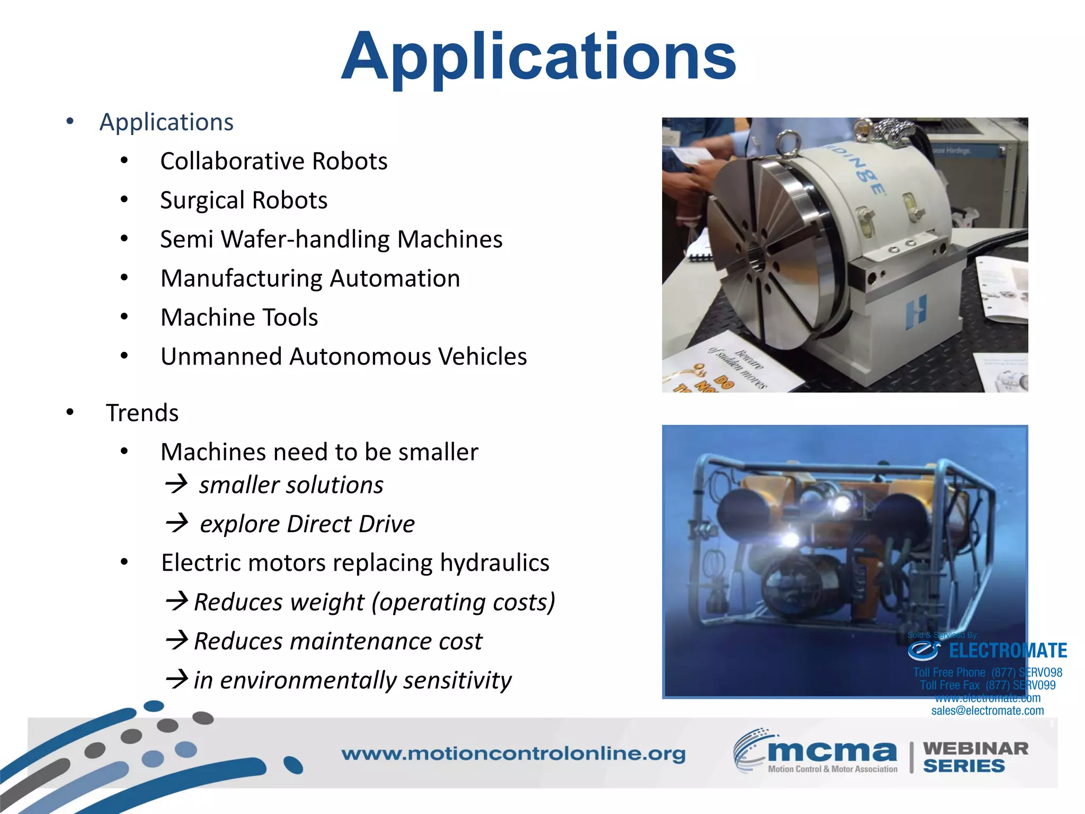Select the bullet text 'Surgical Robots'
(x=244, y=200)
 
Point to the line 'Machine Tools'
(x=239, y=317)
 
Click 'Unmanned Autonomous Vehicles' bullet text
(x=343, y=357)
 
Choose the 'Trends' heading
(x=142, y=413)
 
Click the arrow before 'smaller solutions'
(x=176, y=484)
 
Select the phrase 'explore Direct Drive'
(x=307, y=524)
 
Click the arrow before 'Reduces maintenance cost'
(x=177, y=640)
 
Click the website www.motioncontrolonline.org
(x=513, y=754)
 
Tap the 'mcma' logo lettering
(x=832, y=751)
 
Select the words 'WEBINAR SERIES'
(x=975, y=757)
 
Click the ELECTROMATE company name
(x=1007, y=651)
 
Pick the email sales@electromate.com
(x=988, y=711)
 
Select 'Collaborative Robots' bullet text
(x=273, y=161)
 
